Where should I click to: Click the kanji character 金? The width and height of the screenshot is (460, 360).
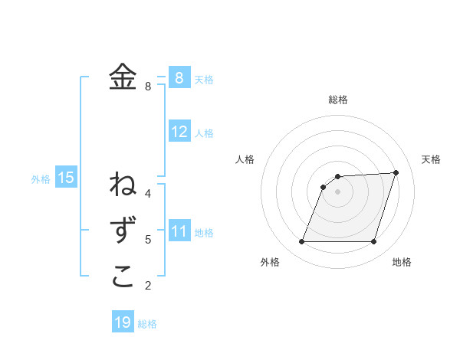click(123, 77)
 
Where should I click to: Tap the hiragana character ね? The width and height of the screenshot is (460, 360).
click(123, 185)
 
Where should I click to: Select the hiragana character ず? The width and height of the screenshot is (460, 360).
click(123, 231)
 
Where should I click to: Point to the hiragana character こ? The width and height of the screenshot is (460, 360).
click(123, 277)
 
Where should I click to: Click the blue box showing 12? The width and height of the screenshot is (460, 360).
click(179, 132)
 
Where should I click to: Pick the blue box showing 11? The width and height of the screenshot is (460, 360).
click(179, 231)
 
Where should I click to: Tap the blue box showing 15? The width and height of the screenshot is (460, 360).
click(66, 178)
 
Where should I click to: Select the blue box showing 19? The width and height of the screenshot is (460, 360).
click(123, 322)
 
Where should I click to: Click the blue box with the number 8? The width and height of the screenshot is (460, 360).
click(179, 77)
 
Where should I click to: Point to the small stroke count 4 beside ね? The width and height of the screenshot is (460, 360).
click(148, 193)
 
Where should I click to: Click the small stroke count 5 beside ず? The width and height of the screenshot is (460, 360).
click(148, 240)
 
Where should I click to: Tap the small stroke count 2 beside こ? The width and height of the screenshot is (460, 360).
click(148, 286)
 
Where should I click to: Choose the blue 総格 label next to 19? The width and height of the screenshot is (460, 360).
click(147, 324)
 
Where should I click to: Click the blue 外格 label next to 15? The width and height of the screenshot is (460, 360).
click(41, 179)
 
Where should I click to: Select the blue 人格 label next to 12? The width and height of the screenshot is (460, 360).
click(204, 133)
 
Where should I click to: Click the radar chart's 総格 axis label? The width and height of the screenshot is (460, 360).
click(338, 100)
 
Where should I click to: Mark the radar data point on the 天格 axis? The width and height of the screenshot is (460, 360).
click(396, 172)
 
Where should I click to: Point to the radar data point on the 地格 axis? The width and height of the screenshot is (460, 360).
click(374, 242)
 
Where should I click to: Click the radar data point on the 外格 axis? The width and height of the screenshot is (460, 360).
click(301, 242)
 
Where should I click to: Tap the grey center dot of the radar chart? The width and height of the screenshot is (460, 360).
click(338, 191)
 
